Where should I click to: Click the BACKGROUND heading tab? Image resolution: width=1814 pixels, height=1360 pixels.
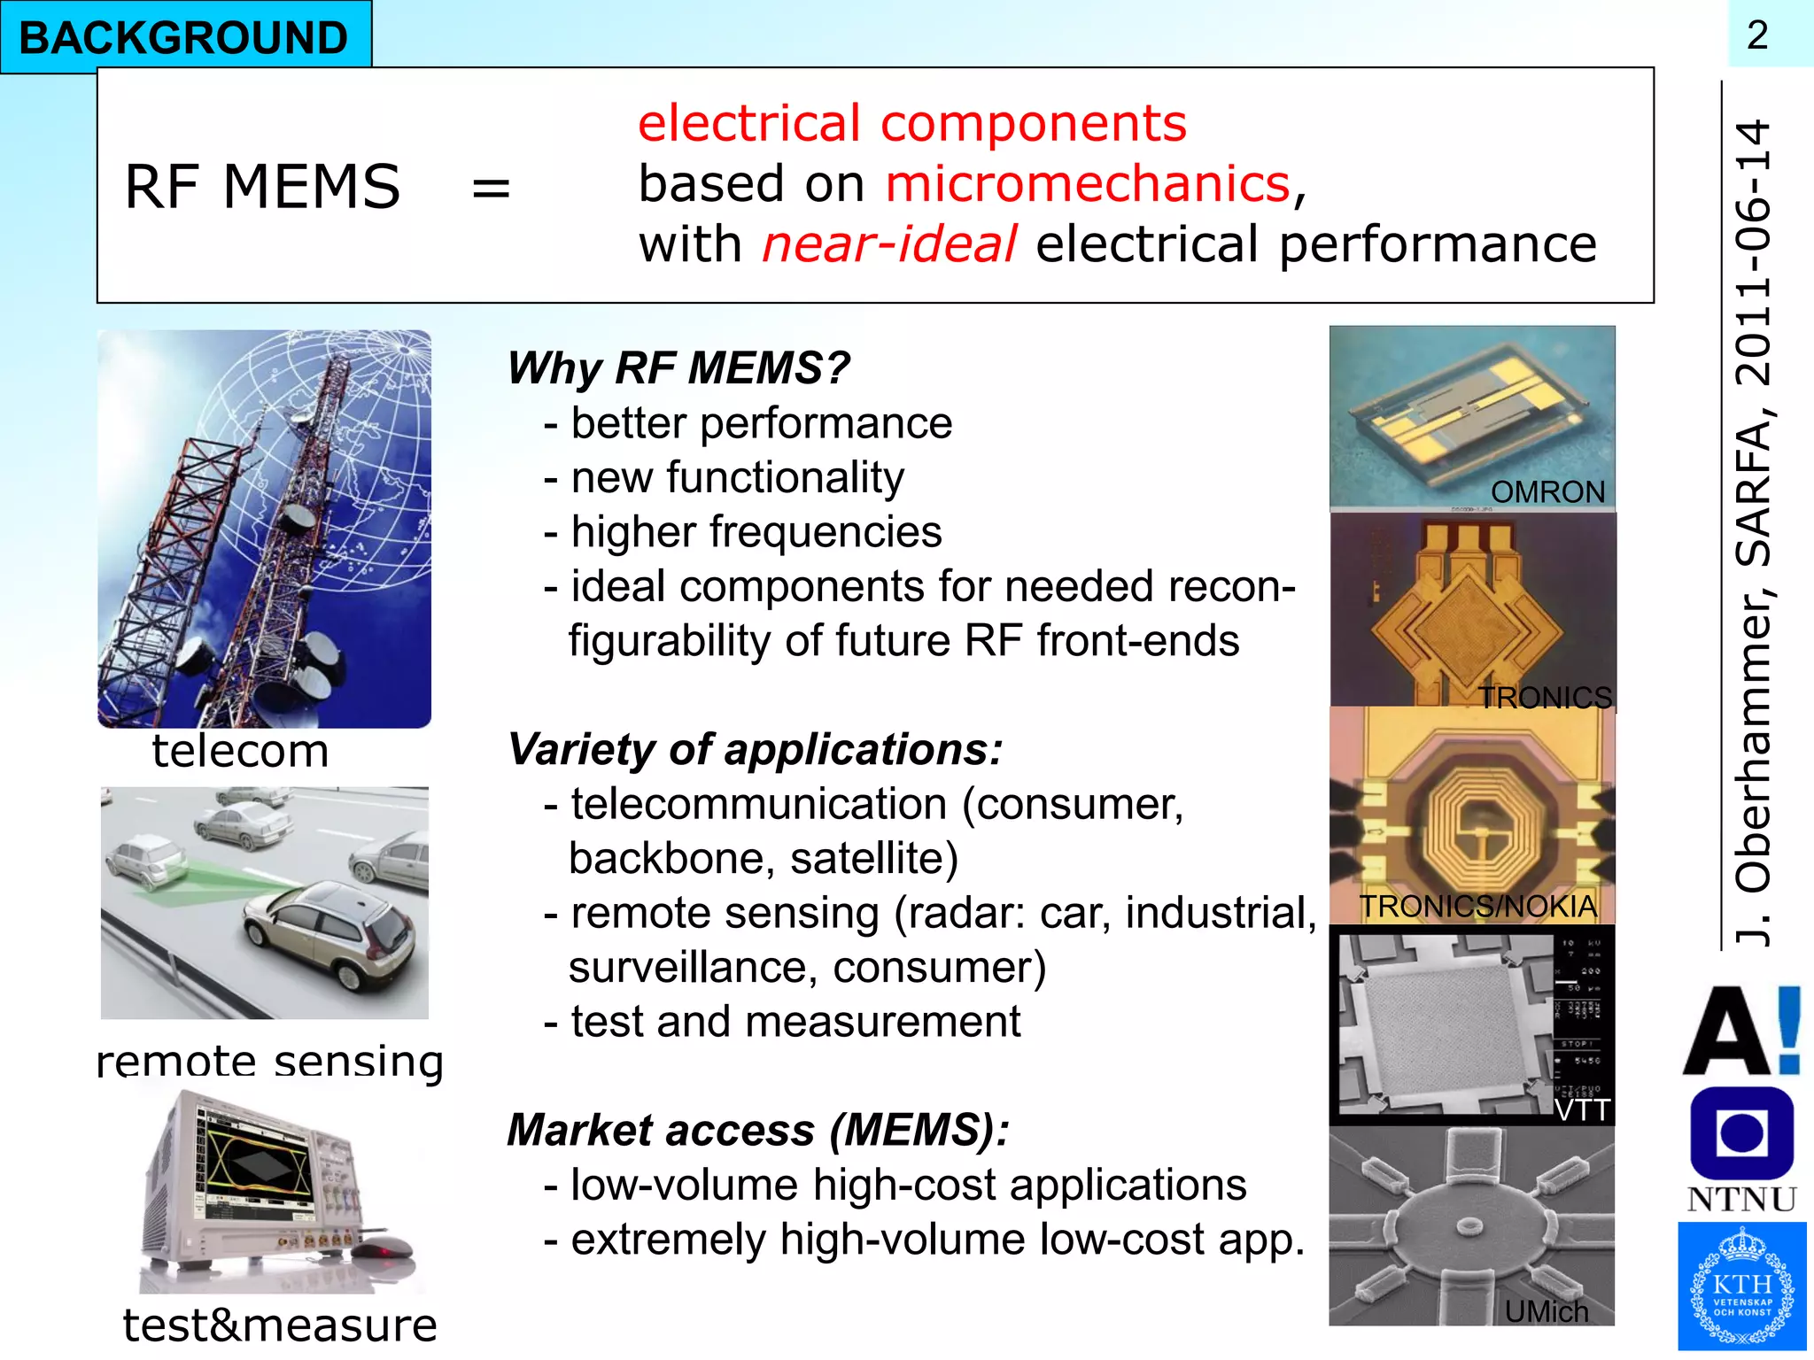[x=184, y=37]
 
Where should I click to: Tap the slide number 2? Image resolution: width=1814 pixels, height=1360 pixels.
[x=1757, y=35]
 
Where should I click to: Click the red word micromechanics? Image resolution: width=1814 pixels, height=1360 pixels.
[x=1088, y=184]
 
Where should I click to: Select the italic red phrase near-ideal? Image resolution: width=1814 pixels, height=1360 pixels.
[x=889, y=244]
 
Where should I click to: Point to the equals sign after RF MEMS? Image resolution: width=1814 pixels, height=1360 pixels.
[x=491, y=188]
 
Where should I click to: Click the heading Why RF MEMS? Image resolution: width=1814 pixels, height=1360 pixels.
[x=678, y=367]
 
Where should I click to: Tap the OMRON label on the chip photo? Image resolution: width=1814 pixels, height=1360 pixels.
[x=1547, y=491]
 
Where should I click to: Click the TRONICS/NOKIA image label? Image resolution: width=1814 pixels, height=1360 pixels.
[x=1477, y=906]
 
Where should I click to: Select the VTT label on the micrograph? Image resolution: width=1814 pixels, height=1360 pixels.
[x=1582, y=1109]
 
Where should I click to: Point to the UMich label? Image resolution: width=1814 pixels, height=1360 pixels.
[x=1547, y=1310]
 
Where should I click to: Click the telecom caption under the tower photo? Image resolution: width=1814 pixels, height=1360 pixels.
[x=240, y=751]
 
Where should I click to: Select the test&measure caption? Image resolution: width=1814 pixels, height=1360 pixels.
[x=280, y=1325]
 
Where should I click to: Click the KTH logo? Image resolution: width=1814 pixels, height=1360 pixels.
[x=1741, y=1286]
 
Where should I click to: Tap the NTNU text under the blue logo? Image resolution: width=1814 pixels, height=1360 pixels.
[x=1741, y=1199]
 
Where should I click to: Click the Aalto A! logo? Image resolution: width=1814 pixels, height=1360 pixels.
[x=1741, y=1032]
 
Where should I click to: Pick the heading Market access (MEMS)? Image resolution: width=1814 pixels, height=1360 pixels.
[x=758, y=1131]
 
